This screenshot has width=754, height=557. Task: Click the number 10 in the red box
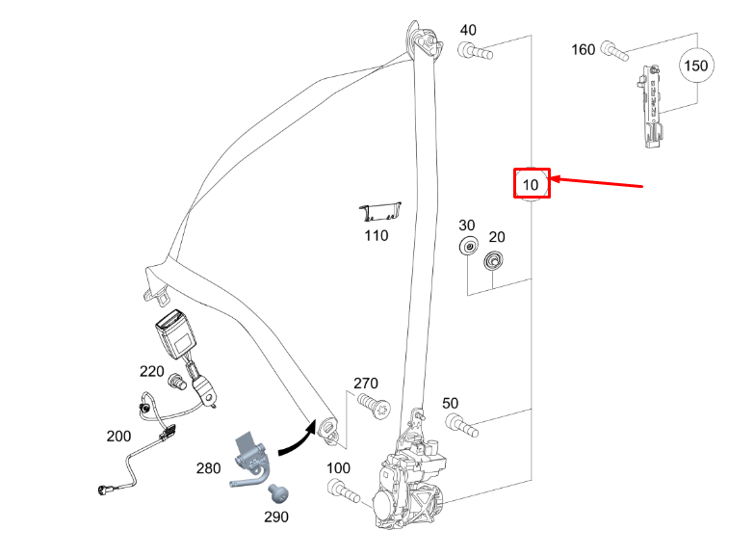(x=531, y=185)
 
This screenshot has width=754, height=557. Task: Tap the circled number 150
(x=696, y=66)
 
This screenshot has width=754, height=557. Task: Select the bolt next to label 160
(x=614, y=51)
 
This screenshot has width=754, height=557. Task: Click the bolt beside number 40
(x=475, y=51)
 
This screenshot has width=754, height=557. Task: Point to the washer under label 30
(x=468, y=246)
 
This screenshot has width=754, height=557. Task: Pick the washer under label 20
(x=493, y=260)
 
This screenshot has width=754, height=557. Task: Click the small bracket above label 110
(x=380, y=212)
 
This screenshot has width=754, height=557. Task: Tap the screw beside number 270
(x=375, y=406)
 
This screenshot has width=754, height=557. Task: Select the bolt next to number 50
(x=461, y=426)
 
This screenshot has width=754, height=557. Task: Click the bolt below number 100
(x=344, y=491)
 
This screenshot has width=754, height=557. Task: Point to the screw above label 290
(x=278, y=493)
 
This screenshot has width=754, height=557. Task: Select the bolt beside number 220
(x=177, y=383)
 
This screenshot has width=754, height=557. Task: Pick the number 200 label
(x=118, y=437)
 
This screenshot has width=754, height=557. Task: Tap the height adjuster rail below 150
(x=651, y=106)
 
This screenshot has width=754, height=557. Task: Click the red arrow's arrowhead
(x=555, y=179)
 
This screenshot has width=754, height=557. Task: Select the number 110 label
(x=377, y=236)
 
